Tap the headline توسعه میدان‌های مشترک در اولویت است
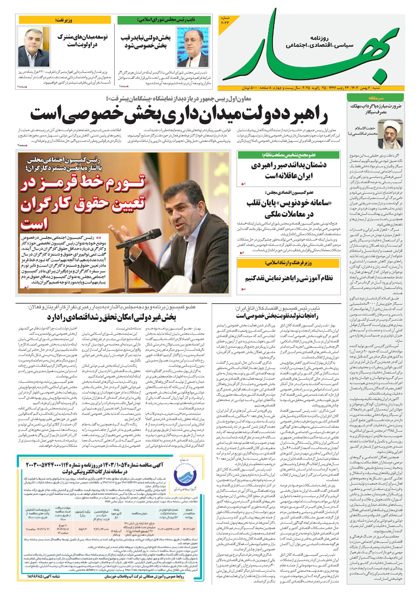click(x=82, y=41)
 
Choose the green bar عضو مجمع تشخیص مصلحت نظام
click(x=289, y=155)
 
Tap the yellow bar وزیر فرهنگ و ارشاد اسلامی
click(x=289, y=263)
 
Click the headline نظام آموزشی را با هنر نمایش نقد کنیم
click(x=289, y=278)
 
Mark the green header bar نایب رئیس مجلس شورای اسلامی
click(x=164, y=20)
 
